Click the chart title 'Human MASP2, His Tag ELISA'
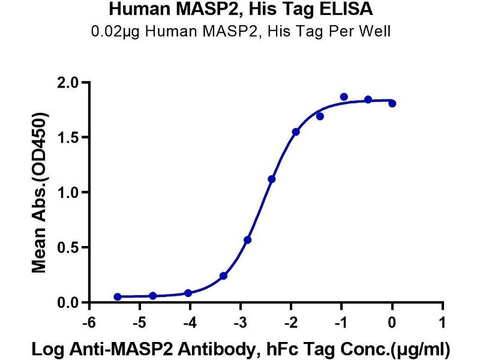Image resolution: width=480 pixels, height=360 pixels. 240,10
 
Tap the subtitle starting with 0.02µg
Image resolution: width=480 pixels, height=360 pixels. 240,31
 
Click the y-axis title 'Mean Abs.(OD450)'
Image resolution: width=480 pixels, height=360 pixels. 40,193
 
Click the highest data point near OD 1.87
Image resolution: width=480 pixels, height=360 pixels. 344,97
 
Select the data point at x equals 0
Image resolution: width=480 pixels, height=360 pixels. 392,104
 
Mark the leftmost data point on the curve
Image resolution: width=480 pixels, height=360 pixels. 118,297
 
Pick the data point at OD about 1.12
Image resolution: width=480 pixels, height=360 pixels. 272,179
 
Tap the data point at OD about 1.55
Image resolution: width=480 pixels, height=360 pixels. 296,131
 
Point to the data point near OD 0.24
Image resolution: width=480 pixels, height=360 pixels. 223,276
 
